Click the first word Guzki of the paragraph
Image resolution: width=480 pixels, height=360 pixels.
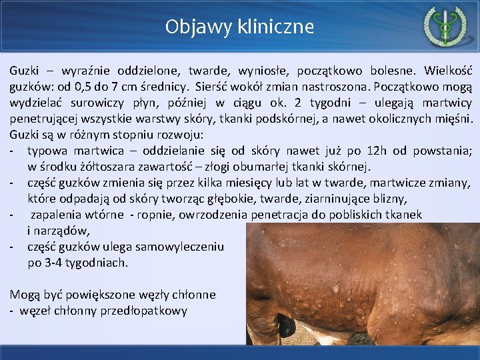click(24, 70)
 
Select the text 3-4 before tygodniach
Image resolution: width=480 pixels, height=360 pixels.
click(56, 263)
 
